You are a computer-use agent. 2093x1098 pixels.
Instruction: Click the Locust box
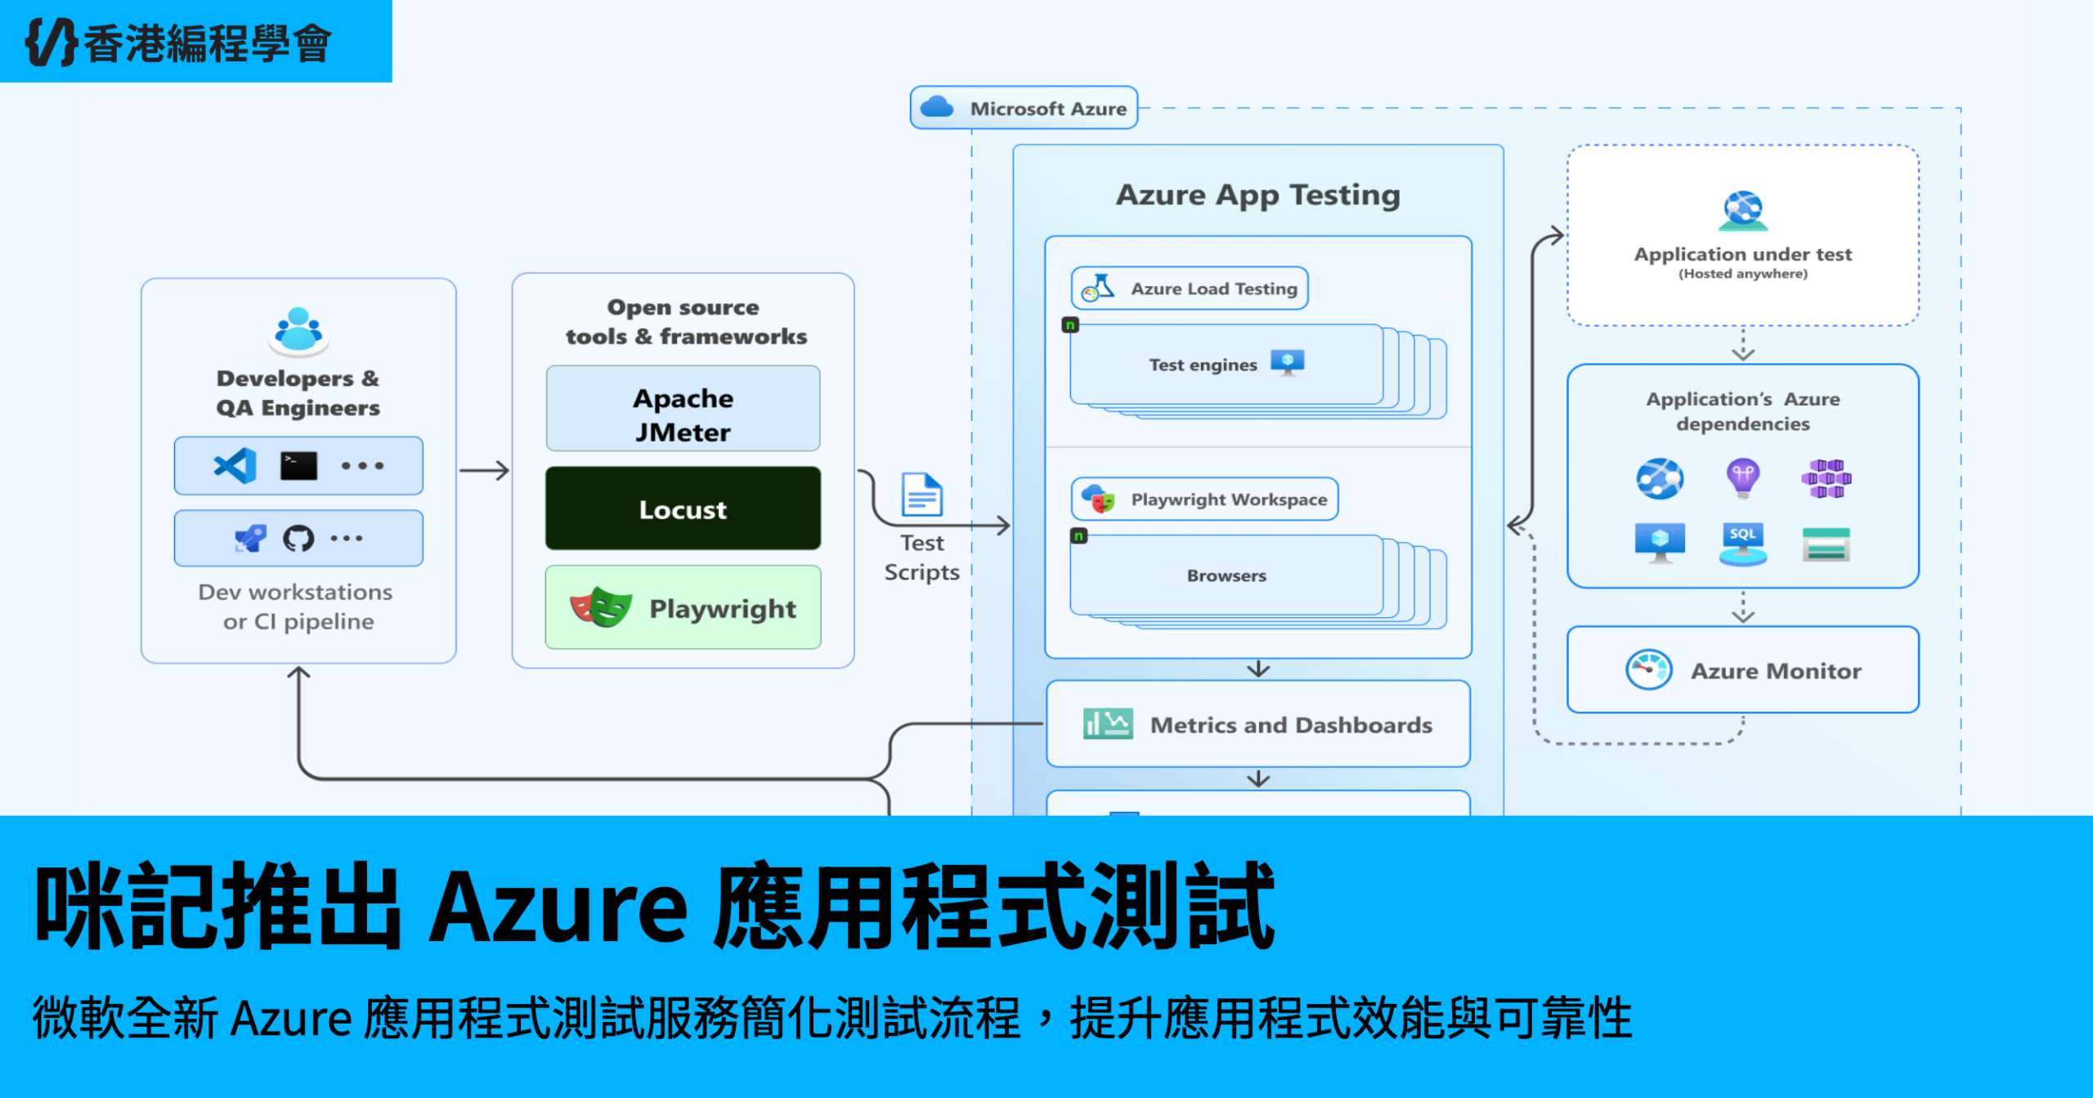click(683, 509)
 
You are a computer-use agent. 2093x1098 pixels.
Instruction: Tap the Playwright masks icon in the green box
click(601, 607)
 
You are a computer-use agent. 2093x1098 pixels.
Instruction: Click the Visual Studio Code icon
click(235, 466)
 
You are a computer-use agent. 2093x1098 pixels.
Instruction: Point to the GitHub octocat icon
click(298, 538)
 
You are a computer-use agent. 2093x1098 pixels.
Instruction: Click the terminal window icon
click(298, 466)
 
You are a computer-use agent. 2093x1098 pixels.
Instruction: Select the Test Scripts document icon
click(922, 495)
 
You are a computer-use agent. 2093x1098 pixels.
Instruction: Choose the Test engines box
click(1226, 365)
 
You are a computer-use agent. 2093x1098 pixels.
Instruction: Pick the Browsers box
click(1226, 576)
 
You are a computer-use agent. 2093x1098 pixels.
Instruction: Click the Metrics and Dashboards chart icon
click(1108, 724)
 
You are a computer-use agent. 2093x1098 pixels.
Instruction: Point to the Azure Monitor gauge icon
click(1649, 670)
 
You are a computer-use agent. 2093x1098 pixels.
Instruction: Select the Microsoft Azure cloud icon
click(937, 107)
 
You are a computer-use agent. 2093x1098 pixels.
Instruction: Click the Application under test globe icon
click(1743, 211)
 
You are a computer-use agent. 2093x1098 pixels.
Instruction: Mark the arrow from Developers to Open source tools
click(484, 471)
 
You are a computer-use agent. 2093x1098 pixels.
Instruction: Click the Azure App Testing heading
click(1257, 195)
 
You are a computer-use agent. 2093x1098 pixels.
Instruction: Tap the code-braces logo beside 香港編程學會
click(51, 42)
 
